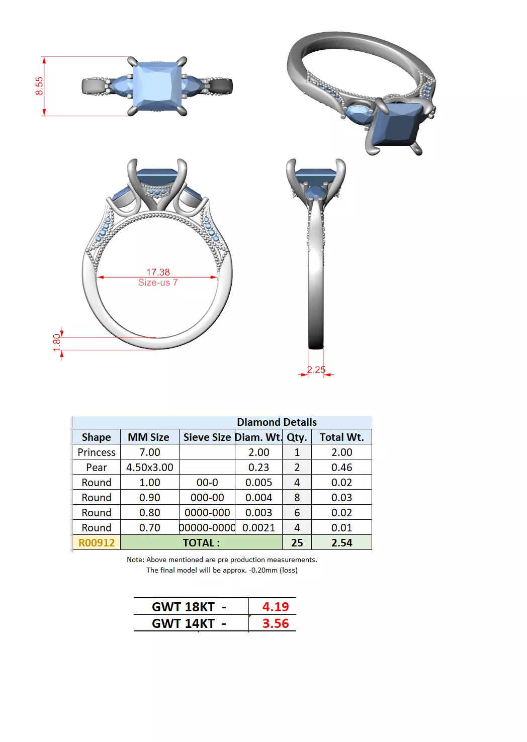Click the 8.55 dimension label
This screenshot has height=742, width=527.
[x=39, y=85]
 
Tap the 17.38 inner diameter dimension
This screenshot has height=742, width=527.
[x=158, y=272]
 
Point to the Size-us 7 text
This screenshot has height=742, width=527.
[x=158, y=283]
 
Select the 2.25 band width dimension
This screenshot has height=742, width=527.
[x=316, y=369]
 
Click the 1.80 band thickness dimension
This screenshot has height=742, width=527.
[x=57, y=343]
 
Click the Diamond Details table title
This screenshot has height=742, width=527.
[x=277, y=422]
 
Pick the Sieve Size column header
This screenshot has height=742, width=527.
[x=207, y=437]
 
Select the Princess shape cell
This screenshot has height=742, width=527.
[x=97, y=452]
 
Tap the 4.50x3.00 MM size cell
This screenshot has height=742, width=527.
[x=149, y=468]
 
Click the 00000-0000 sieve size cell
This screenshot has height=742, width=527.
[x=207, y=528]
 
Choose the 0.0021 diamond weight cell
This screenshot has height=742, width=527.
[x=258, y=528]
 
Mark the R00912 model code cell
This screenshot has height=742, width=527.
[x=97, y=543]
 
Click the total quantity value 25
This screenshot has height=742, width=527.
[x=297, y=543]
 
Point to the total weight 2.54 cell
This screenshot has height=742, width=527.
[x=341, y=543]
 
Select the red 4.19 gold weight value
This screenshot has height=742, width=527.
[x=275, y=607]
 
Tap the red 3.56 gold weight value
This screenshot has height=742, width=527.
[x=275, y=624]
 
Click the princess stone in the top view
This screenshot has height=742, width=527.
[x=156, y=85]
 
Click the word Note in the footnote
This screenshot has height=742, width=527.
[x=135, y=560]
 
